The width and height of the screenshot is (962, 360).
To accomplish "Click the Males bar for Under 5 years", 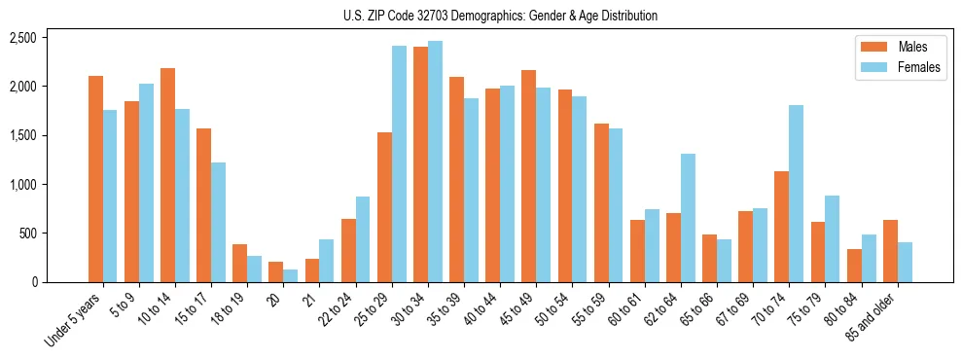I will pos(95,179).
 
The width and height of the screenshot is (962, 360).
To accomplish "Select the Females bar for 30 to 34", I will pos(435,162).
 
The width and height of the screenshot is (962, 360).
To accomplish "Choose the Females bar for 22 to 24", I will pos(363,239).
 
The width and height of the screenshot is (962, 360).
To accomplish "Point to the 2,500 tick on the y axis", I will pos(22,38).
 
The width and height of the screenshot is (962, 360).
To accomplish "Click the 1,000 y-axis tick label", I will pos(22,184).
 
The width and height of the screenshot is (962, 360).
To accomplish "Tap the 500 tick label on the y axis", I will pos(27,234).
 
